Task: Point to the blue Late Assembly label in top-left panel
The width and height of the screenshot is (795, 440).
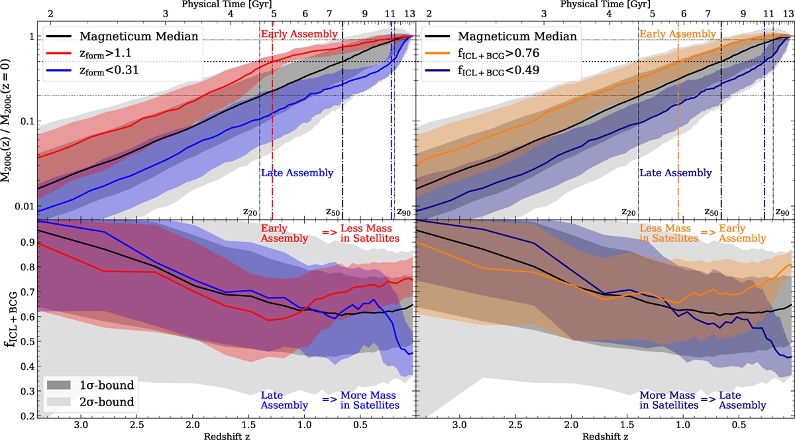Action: click(x=295, y=173)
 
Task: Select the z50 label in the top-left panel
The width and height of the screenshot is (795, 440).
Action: click(x=337, y=212)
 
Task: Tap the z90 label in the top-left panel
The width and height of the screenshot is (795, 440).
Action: click(x=406, y=212)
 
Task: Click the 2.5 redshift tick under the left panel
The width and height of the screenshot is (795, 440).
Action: click(x=137, y=423)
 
